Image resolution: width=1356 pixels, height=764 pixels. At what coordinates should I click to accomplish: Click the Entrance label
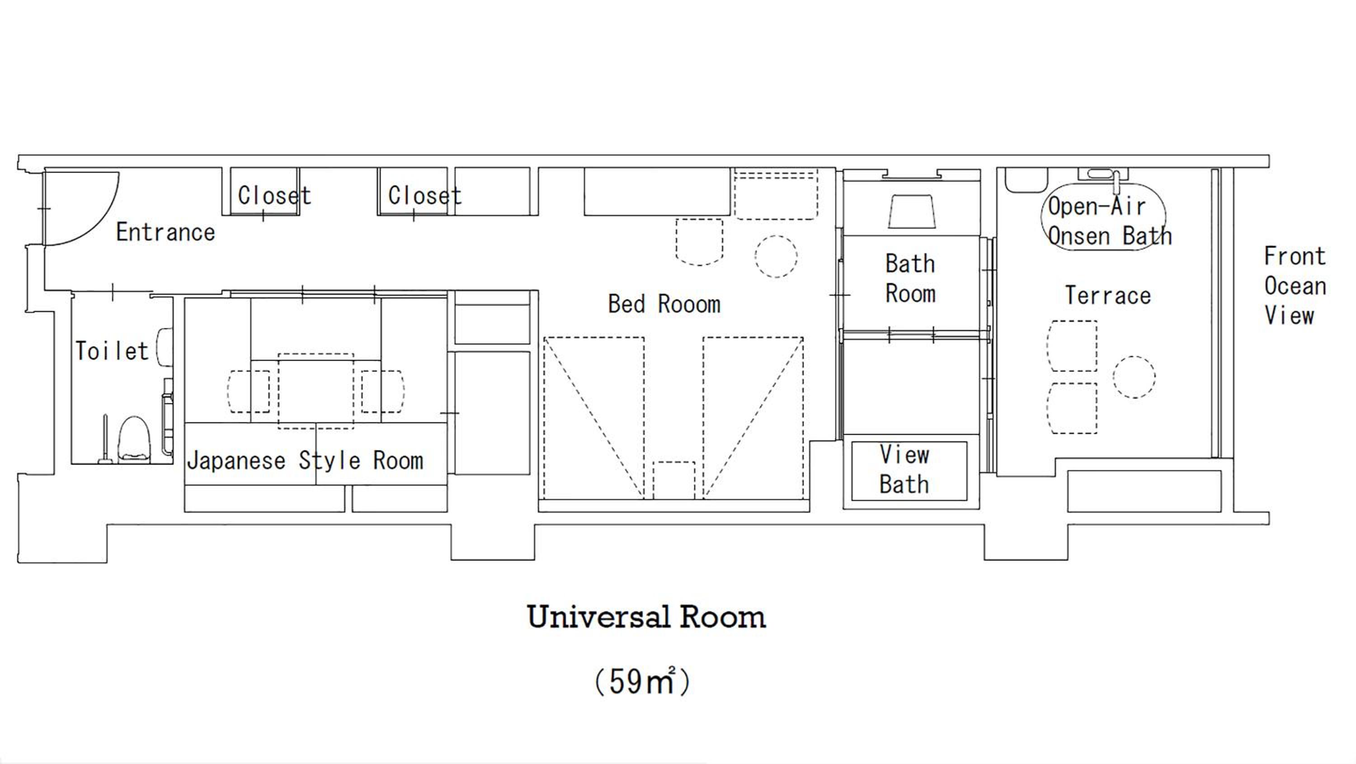point(165,232)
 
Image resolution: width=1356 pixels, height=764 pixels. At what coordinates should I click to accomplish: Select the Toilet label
point(112,351)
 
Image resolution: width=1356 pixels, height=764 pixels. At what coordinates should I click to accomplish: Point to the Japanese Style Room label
point(305,461)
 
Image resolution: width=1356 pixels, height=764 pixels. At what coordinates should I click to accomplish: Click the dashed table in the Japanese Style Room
point(316,391)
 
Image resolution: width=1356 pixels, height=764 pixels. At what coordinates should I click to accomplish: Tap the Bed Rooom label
point(664,304)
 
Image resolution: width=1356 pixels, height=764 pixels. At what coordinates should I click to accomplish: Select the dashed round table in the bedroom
point(776,256)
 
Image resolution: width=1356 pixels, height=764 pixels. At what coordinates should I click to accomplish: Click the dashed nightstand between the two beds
point(674,480)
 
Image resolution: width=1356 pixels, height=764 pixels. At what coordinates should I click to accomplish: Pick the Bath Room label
point(911,278)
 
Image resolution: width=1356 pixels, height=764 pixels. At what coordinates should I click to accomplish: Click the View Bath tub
point(909,471)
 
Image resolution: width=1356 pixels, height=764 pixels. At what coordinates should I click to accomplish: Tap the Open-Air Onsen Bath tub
point(1104,217)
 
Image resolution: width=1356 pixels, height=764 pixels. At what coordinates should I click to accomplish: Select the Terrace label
point(1108,295)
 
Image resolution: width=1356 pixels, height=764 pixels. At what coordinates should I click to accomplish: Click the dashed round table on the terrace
point(1135,377)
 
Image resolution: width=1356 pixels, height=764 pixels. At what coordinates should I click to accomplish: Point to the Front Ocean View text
point(1295,286)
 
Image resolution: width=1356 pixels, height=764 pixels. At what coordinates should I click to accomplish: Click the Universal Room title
point(646,617)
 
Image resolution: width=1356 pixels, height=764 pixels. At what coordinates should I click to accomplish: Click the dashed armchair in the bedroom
point(699,242)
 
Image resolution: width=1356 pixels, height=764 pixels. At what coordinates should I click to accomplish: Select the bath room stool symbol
point(912,212)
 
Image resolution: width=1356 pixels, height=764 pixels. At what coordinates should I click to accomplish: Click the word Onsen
point(1079,236)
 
